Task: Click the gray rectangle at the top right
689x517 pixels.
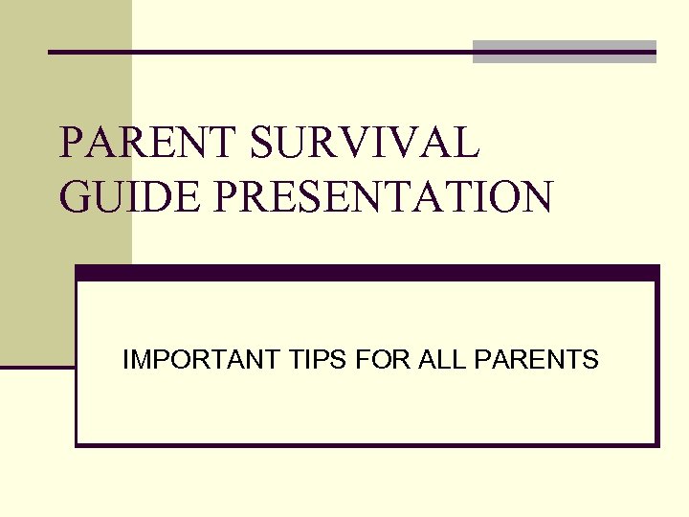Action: [565, 52]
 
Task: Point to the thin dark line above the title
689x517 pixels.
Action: [258, 52]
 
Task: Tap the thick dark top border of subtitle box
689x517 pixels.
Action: [367, 273]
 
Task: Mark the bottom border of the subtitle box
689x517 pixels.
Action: [367, 444]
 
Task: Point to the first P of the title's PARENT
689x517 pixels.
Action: [73, 143]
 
